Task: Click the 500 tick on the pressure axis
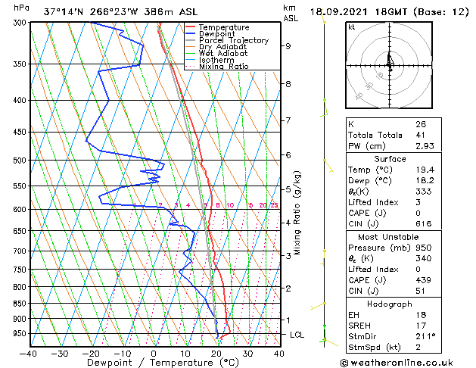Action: pos(20,161)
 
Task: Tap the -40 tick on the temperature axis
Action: pos(30,353)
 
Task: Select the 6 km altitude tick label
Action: pos(288,155)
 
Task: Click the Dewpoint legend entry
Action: pos(218,34)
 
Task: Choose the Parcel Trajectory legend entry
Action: pos(233,41)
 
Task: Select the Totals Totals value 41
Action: pos(419,135)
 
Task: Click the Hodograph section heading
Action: pos(390,303)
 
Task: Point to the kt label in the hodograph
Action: pos(351,27)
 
